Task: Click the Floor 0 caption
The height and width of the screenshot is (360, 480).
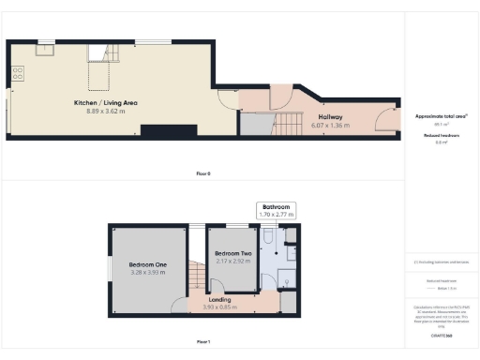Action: [202, 173]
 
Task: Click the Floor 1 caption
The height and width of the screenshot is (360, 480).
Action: [202, 342]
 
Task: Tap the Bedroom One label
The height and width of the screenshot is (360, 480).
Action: [148, 265]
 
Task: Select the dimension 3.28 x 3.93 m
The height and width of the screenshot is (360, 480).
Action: [148, 273]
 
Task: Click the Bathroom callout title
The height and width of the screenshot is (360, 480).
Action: [277, 206]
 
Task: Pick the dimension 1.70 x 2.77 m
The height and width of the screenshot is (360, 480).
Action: [277, 215]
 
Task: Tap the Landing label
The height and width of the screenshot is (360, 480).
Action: [220, 299]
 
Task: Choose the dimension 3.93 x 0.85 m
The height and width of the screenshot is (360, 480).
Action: [220, 307]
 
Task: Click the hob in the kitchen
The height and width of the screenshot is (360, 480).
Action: [16, 73]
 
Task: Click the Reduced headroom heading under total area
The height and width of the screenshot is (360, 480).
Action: [442, 136]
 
